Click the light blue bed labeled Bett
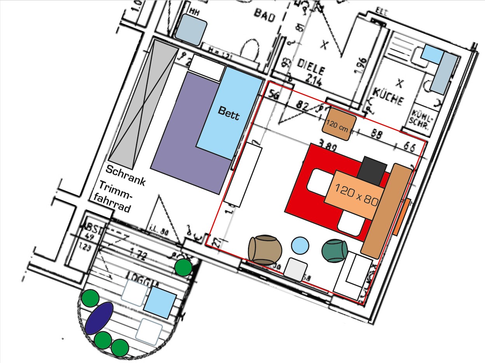click(x=229, y=112)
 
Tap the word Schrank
click(x=126, y=175)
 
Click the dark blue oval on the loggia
click(x=99, y=318)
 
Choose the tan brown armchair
click(x=265, y=250)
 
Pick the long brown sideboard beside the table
click(x=387, y=211)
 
